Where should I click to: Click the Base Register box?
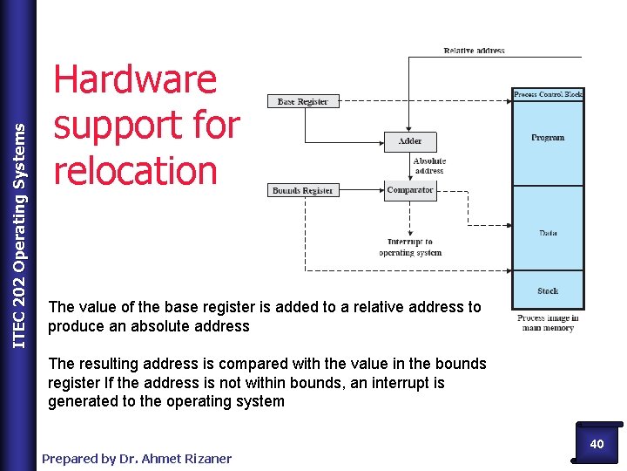[x=302, y=102]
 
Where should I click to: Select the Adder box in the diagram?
[x=409, y=141]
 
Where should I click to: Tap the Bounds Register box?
[x=302, y=190]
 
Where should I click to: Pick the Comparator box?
[x=410, y=190]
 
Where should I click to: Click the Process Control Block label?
[x=548, y=94]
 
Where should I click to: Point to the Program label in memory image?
[x=548, y=138]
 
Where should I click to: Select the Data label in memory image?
[x=548, y=233]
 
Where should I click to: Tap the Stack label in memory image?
[x=548, y=290]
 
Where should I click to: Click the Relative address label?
[x=474, y=51]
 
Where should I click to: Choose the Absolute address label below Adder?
[x=429, y=166]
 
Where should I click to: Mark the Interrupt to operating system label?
[x=410, y=247]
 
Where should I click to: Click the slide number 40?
[x=597, y=444]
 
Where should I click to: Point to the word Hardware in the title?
[x=135, y=80]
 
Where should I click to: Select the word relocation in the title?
[x=135, y=170]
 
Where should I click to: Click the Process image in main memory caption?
[x=548, y=323]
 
